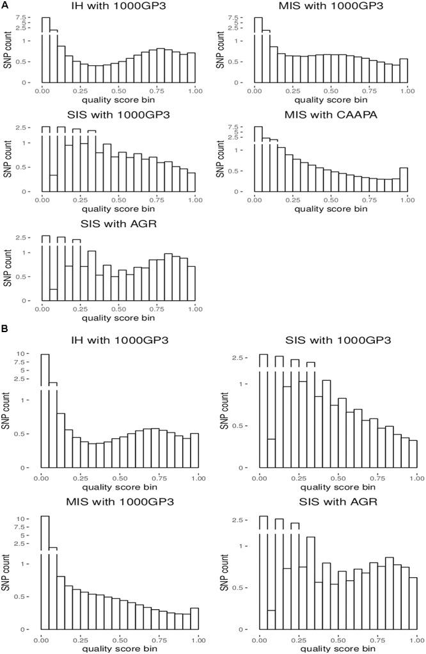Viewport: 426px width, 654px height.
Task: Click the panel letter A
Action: pos(4,5)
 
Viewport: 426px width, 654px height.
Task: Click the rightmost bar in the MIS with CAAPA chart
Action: pos(403,179)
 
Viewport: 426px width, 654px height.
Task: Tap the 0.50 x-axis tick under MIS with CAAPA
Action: pos(331,199)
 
